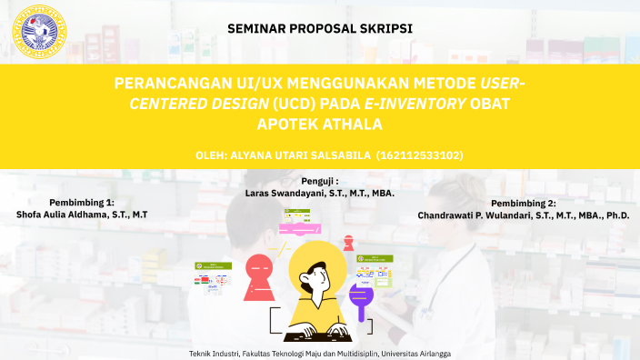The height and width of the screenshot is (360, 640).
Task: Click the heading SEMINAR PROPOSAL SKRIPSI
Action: point(320,28)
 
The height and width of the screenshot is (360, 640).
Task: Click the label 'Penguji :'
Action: point(320,181)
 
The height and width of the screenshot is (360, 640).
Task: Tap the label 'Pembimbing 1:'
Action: point(82,202)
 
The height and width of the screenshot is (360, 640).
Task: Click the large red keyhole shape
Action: point(259,272)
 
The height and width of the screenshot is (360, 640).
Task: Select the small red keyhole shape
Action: point(348,243)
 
